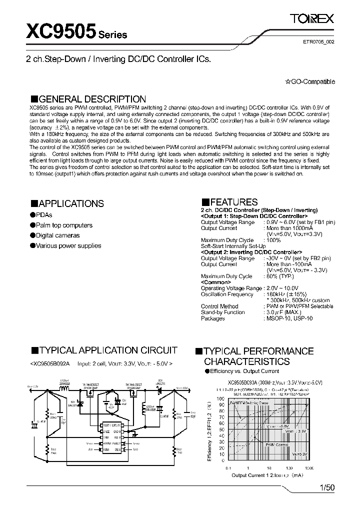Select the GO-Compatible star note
(310, 82)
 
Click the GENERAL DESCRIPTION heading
(88, 99)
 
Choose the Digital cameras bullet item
(54, 235)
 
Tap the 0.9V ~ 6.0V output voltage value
(281, 221)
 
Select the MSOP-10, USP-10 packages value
(289, 317)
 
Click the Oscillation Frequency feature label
(227, 294)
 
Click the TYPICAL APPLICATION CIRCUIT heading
(104, 350)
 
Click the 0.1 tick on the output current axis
(228, 467)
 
